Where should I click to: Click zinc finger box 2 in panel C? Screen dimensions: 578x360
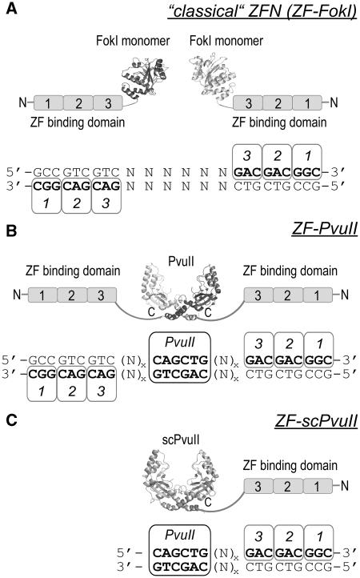[x=286, y=486]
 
